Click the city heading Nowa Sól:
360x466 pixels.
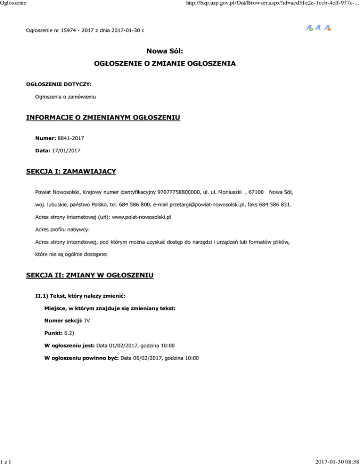pos(180,50)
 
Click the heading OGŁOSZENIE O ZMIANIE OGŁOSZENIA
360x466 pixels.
pos(180,63)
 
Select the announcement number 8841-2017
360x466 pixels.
pos(71,139)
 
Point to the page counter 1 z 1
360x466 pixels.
pos(6,461)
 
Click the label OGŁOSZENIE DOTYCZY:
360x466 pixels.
pos(59,85)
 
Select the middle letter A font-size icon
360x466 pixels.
pos(318,28)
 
